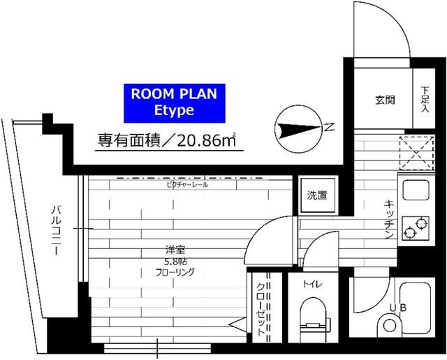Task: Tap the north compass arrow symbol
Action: [x=297, y=128]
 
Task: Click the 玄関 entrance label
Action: [x=385, y=100]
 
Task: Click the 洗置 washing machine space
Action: [x=317, y=195]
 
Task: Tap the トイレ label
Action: [x=312, y=285]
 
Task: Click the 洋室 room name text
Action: [x=175, y=250]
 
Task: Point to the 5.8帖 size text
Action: [x=175, y=262]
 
